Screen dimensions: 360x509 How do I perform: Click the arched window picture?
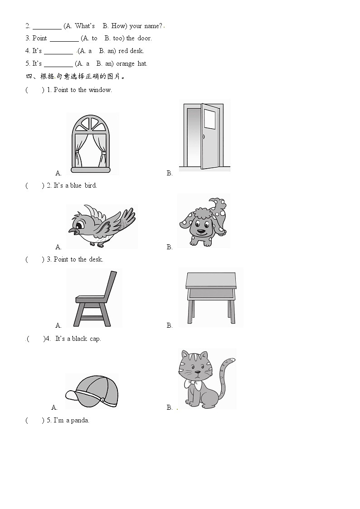[x=91, y=144]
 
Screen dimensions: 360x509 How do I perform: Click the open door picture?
[x=204, y=136]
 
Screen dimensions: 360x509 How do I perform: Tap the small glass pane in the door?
[x=210, y=119]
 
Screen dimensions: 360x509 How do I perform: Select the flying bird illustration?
[x=102, y=226]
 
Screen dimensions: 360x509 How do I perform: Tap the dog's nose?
[x=202, y=232]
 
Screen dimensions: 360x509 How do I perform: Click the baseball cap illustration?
[x=92, y=391]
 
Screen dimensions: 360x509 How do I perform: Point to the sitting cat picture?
[x=206, y=378]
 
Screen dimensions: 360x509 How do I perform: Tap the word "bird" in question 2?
[x=91, y=185]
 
